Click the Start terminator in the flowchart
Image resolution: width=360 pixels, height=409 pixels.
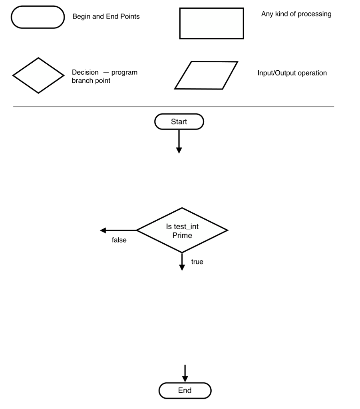tap(179, 122)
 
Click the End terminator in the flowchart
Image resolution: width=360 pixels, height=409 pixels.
tap(185, 391)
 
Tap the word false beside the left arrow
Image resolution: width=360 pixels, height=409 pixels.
tap(119, 240)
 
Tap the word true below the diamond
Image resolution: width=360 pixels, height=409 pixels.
tap(197, 262)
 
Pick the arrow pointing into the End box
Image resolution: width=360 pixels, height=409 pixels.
tap(185, 373)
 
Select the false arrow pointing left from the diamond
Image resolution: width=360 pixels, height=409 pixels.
tap(118, 230)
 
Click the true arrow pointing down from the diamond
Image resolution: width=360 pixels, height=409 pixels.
tap(182, 262)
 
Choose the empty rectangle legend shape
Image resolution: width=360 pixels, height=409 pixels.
tap(211, 24)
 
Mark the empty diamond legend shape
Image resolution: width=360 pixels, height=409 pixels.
tap(38, 75)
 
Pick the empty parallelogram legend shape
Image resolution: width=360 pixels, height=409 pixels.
tap(206, 75)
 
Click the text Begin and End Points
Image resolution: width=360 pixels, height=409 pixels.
tap(106, 17)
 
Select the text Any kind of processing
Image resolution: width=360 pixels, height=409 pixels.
tap(296, 14)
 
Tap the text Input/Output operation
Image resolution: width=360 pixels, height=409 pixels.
tap(292, 73)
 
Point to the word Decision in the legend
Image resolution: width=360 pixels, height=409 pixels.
tap(85, 72)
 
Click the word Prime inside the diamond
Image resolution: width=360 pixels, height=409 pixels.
tap(182, 235)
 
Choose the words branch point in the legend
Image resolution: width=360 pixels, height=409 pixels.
tap(91, 81)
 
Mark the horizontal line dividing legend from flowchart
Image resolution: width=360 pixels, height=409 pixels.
tap(173, 107)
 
